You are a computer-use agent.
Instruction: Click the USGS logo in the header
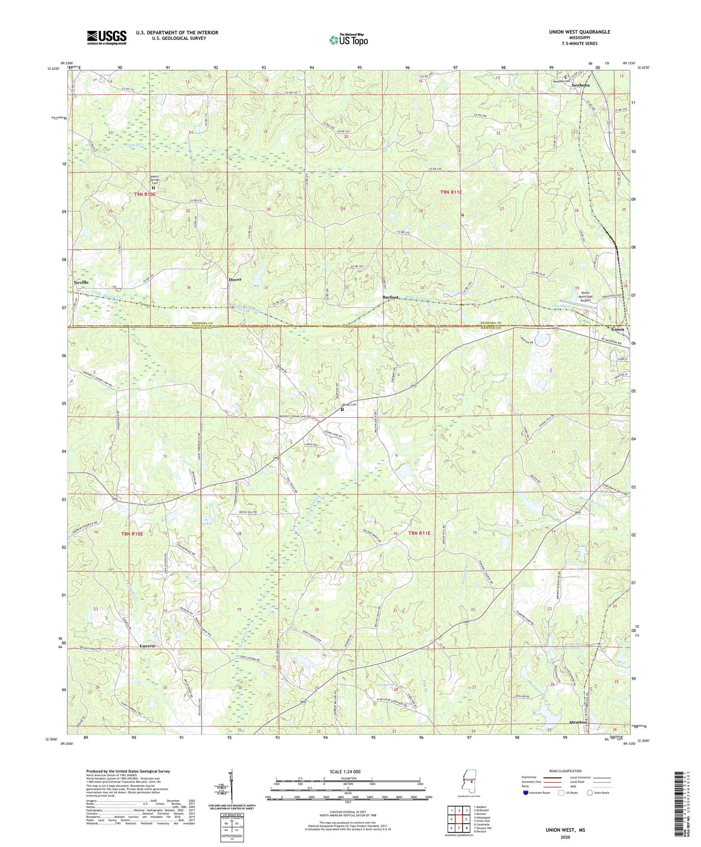107,37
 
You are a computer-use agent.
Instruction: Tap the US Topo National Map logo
348,40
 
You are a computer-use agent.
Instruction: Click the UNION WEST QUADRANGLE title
579,32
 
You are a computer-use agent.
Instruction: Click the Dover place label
235,280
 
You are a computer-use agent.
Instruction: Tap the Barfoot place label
391,297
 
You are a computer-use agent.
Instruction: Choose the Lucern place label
147,646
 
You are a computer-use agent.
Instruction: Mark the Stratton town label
578,722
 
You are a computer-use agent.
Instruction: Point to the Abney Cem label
349,405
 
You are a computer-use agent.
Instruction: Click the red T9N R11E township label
451,193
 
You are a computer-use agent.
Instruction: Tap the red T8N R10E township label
132,534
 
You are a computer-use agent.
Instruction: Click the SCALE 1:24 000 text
346,772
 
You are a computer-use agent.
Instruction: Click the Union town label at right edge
618,329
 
